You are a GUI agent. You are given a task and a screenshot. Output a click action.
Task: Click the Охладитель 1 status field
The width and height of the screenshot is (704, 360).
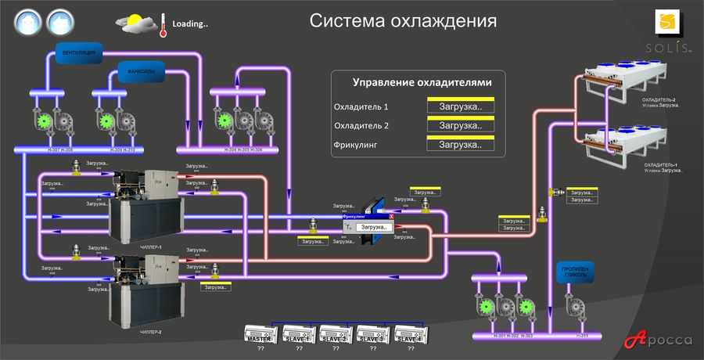click(x=460, y=106)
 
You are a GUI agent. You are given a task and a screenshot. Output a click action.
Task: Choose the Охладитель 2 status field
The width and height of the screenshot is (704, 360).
click(x=460, y=125)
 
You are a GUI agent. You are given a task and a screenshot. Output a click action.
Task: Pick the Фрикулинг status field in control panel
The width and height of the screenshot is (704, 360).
click(x=460, y=144)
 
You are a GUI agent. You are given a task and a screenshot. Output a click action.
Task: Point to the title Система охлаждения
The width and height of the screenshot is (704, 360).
click(x=403, y=20)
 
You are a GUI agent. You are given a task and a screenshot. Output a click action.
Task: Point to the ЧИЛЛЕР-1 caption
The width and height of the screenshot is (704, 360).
click(x=150, y=247)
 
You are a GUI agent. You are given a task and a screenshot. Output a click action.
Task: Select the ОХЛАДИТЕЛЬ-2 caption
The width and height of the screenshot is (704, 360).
click(x=659, y=100)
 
